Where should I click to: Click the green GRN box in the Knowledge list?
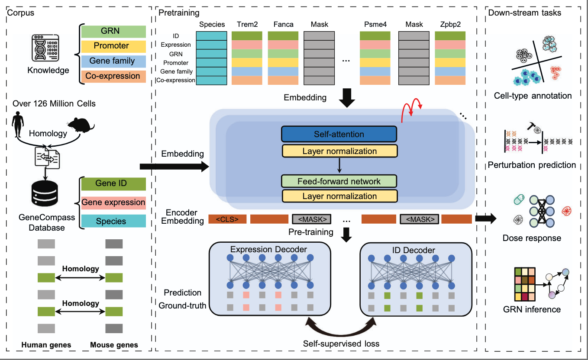click(113, 31)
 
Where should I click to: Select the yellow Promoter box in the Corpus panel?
click(113, 46)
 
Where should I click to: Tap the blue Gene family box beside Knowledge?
click(113, 61)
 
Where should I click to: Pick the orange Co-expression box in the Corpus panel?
click(113, 76)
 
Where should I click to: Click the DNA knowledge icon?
click(45, 48)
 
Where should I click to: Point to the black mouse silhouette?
click(81, 125)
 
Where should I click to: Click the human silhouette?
click(18, 124)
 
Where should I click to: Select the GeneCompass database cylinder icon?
click(45, 193)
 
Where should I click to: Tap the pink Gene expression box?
click(113, 202)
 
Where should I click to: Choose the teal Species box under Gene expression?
click(113, 221)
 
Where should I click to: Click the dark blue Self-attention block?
click(339, 134)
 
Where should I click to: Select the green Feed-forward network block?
click(339, 181)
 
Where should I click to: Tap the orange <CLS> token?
click(227, 219)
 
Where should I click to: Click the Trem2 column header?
click(247, 24)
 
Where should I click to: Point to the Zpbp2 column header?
click(450, 24)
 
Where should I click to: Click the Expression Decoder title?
click(268, 249)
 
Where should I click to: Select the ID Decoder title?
click(414, 250)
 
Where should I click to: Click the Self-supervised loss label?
click(341, 344)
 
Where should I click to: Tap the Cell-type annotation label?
click(533, 96)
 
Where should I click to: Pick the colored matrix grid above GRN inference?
click(525, 284)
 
